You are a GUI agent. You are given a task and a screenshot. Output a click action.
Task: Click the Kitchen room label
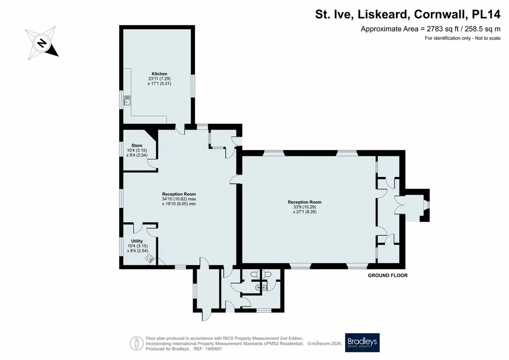pyautogui.click(x=159, y=74)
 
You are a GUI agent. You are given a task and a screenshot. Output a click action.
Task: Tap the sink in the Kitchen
pyautogui.click(x=127, y=100)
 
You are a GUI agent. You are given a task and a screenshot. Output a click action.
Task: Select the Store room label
pyautogui.click(x=137, y=145)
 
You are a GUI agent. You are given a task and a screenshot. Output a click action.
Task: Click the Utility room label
pyautogui.click(x=137, y=241)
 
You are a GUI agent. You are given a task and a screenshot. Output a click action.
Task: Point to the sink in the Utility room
pyautogui.click(x=150, y=258)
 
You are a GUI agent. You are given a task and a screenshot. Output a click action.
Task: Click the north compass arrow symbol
pyautogui.click(x=42, y=43)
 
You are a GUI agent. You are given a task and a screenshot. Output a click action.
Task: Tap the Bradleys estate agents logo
pyautogui.click(x=362, y=342)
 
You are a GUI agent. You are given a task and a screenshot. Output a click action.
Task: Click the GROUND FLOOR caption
pyautogui.click(x=387, y=275)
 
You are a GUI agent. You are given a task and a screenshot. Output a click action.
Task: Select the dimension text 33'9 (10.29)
pyautogui.click(x=305, y=207)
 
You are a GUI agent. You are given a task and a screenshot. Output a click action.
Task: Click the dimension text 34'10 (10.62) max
pyautogui.click(x=179, y=199)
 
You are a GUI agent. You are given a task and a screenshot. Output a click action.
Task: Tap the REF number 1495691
pyautogui.click(x=212, y=349)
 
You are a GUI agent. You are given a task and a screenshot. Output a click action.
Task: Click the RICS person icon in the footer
pyautogui.click(x=137, y=343)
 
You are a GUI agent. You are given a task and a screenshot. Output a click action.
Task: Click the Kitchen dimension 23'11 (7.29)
pyautogui.click(x=159, y=79)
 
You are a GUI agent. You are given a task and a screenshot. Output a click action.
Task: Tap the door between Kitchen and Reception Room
pyautogui.click(x=180, y=129)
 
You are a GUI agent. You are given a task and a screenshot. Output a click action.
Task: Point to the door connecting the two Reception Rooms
pyautogui.click(x=236, y=179)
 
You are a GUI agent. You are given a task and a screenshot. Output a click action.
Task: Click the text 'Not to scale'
pyautogui.click(x=487, y=38)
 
